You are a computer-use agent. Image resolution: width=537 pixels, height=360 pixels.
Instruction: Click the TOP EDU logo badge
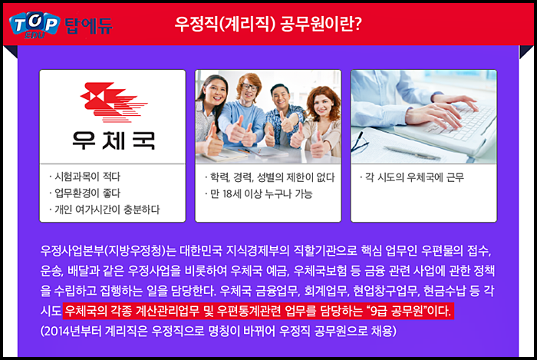tap(35, 25)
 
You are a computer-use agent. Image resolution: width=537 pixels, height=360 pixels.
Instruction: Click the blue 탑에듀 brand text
tap(88, 25)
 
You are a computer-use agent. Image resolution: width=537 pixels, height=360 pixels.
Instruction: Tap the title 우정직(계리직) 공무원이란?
tap(268, 24)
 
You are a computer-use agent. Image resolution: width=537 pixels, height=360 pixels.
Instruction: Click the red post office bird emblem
tap(114, 102)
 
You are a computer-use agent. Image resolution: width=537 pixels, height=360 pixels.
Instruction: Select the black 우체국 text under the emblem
tap(114, 140)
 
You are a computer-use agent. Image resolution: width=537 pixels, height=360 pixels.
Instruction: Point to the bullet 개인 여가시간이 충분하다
tap(104, 210)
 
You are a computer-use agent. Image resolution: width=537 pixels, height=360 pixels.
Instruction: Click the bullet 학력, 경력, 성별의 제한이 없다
tap(269, 177)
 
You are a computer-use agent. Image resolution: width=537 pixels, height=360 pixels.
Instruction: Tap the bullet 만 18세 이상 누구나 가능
tap(259, 194)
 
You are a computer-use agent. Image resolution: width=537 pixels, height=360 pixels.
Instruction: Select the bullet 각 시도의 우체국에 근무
tap(412, 177)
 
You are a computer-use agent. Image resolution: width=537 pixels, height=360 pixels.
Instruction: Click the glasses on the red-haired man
tap(249, 87)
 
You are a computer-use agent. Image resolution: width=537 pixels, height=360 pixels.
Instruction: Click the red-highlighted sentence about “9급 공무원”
tap(259, 311)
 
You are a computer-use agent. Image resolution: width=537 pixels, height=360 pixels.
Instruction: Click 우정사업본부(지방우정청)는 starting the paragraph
tap(108, 251)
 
